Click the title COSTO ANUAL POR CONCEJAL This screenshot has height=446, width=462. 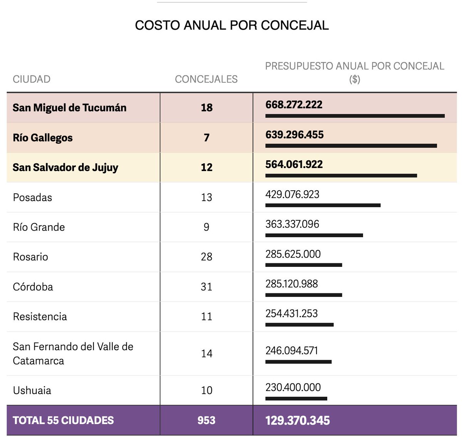coord(232,25)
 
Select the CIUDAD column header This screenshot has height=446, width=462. coord(32,79)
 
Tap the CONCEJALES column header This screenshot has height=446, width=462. coord(206,79)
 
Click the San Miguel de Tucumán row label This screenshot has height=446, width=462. coord(69,108)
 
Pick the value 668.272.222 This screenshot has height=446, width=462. coord(294,105)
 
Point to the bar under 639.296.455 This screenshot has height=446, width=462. coord(351,146)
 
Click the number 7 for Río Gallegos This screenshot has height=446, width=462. coord(206,138)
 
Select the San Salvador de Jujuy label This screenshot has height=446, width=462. coord(65,168)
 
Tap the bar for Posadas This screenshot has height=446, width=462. coord(323,205)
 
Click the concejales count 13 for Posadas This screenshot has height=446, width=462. coord(206,198)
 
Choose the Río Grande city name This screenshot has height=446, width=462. coord(39,227)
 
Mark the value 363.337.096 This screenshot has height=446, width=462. coord(292,224)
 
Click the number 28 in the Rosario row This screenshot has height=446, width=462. coord(206,257)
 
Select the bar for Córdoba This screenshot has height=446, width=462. coord(303,295)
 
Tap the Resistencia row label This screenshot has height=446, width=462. coord(40,317)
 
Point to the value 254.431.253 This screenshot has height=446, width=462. coord(291,314)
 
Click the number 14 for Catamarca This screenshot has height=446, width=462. coord(206,354)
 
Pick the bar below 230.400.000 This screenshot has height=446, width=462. coord(296,399)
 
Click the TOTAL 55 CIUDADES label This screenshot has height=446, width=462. coord(63,420)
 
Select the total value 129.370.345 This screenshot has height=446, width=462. coord(298,421)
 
